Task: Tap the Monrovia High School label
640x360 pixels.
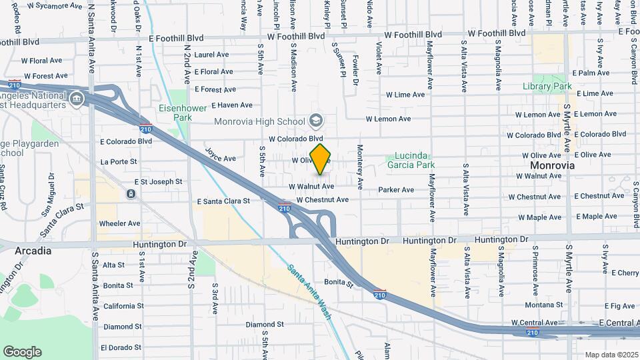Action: [x=259, y=121]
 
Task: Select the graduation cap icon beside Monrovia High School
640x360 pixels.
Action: [x=316, y=121]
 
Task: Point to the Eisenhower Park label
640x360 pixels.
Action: [x=175, y=113]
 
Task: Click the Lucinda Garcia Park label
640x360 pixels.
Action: [x=410, y=160]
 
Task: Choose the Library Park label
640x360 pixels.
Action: [x=548, y=87]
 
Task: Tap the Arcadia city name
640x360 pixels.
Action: [x=33, y=251]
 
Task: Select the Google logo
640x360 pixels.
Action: [x=22, y=352]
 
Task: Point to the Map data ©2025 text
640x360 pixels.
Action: [x=611, y=355]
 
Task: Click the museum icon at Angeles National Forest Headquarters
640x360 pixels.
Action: [x=77, y=99]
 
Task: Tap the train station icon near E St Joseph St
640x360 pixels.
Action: [x=130, y=194]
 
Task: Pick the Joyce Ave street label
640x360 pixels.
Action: [x=221, y=155]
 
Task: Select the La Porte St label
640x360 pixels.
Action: [x=119, y=161]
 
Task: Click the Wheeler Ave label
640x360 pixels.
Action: [x=119, y=223]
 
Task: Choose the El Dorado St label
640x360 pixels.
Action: [x=121, y=347]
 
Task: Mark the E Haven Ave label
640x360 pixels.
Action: [x=232, y=105]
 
